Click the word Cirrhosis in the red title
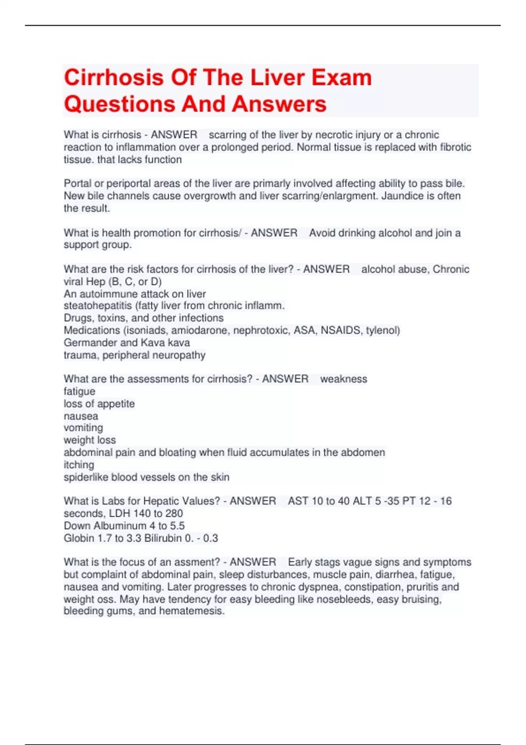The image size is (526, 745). [x=114, y=78]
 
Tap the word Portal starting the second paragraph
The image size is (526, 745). [x=78, y=183]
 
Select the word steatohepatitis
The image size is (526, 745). [x=97, y=305]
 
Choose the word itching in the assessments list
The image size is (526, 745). [x=79, y=465]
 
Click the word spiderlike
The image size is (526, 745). [x=86, y=477]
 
